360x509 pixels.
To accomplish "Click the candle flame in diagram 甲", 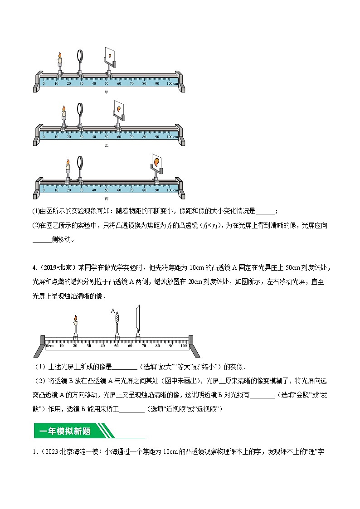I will click(59, 56).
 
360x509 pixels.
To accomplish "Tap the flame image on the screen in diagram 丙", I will click(156, 161).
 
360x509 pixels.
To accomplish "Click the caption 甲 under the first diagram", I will click(107, 92).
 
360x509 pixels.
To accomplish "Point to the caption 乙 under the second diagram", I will click(107, 146).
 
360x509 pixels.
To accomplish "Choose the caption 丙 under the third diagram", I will click(107, 199).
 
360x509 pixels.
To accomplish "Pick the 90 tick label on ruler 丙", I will click(157, 190).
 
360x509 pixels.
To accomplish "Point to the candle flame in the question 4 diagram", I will click(75, 319).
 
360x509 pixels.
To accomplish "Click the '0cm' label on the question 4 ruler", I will click(50, 346).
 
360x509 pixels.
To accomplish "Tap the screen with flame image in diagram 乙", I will click(118, 110).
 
